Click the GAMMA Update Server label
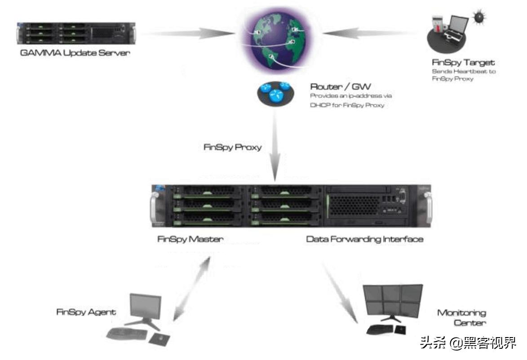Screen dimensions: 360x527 pyautogui.click(x=75, y=53)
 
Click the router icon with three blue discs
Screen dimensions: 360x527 pyautogui.click(x=275, y=93)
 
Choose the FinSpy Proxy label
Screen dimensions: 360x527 pyautogui.click(x=232, y=147)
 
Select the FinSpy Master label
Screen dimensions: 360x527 pyautogui.click(x=190, y=239)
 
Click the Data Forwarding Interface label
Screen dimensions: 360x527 pyautogui.click(x=364, y=239)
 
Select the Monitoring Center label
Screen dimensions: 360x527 pyautogui.click(x=461, y=317)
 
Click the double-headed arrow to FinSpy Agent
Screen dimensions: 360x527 pyautogui.click(x=193, y=288)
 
